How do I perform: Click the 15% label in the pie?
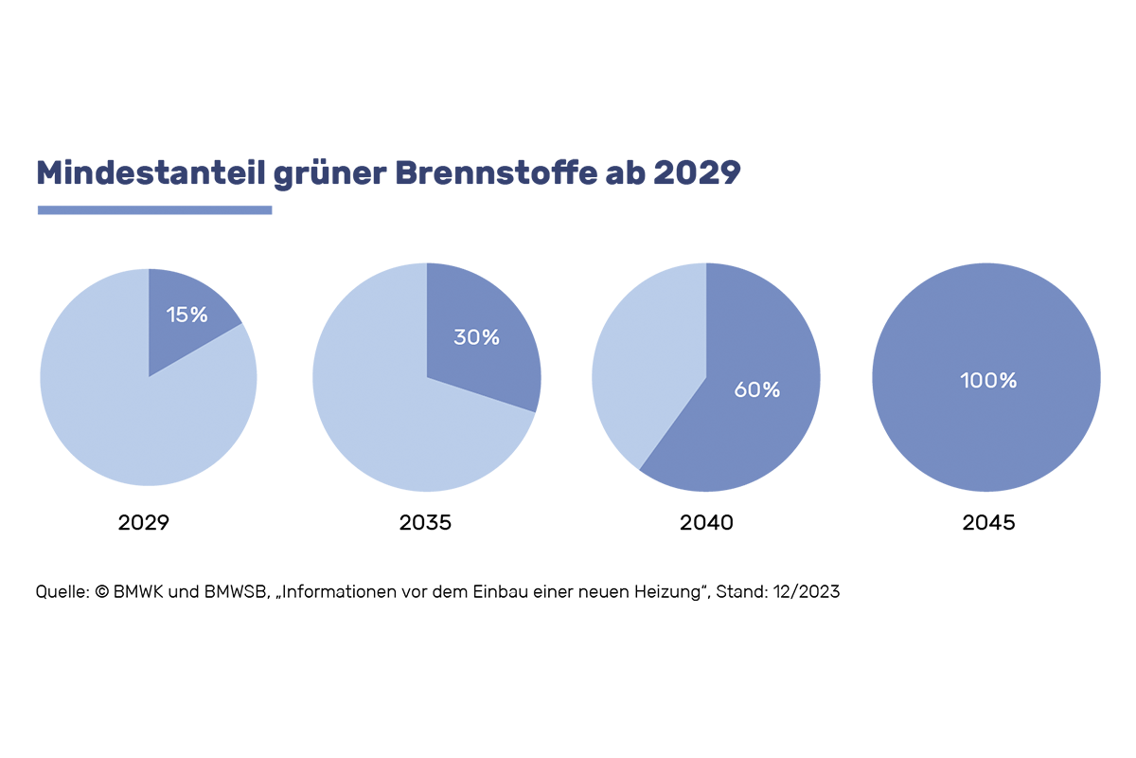186,315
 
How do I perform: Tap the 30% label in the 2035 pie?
476,336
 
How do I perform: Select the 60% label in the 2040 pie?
757,389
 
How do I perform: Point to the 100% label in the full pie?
987,380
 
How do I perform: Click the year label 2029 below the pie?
144,522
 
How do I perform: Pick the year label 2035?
425,522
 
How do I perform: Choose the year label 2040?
706,522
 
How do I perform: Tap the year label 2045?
988,522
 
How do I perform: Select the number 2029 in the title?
696,173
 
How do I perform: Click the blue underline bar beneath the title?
154,209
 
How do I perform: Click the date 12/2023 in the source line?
804,592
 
